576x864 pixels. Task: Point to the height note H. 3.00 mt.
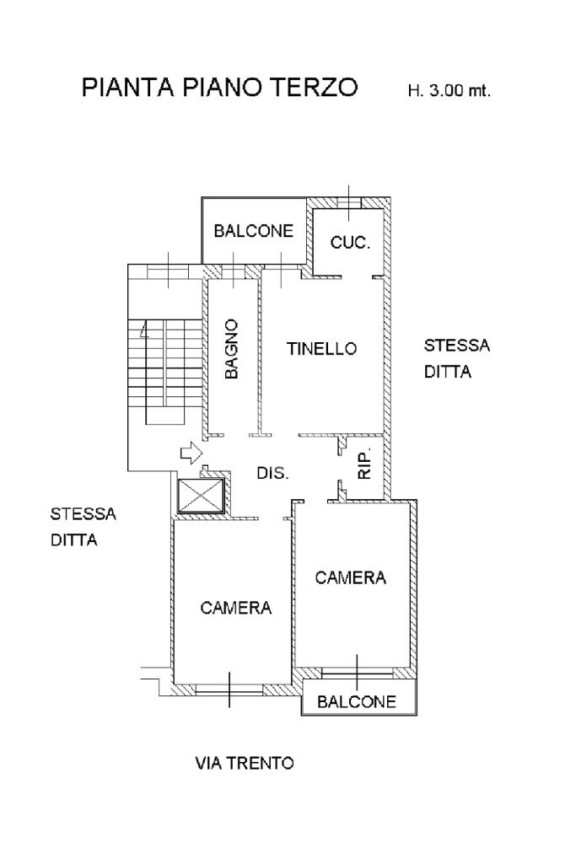point(449,90)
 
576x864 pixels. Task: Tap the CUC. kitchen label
point(350,242)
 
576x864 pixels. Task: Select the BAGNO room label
point(232,349)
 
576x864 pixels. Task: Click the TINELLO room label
point(322,348)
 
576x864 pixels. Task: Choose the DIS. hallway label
point(273,473)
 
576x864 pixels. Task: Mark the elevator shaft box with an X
point(200,495)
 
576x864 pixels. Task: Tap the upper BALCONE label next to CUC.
point(254,230)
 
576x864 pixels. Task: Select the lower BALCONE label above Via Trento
point(357,701)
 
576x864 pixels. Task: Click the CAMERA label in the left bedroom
point(236,608)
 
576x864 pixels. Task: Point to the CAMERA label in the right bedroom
point(351,577)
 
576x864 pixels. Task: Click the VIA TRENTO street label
point(245,763)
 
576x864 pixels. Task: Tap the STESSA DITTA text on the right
point(457,359)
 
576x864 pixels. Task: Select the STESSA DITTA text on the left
point(83,527)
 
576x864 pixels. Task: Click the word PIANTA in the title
point(128,87)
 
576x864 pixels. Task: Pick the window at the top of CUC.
point(349,203)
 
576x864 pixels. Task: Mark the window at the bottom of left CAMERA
point(229,689)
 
